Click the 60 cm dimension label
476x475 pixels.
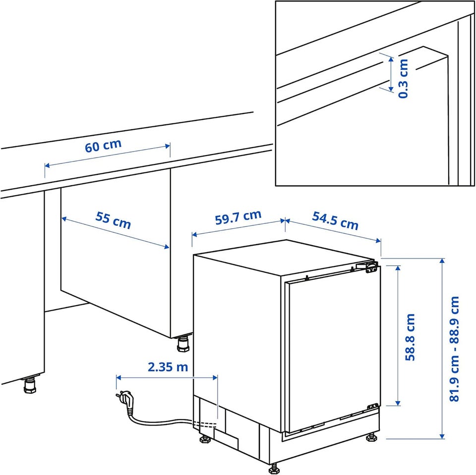pyautogui.click(x=103, y=146)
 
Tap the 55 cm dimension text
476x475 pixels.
pyautogui.click(x=113, y=220)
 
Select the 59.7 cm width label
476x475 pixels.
pyautogui.click(x=238, y=217)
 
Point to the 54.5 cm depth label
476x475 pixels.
pyautogui.click(x=336, y=220)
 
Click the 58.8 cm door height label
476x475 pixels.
pyautogui.click(x=410, y=337)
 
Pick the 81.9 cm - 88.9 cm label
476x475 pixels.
pyautogui.click(x=454, y=349)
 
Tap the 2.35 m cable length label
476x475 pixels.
pyautogui.click(x=168, y=367)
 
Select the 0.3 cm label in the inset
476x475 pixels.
pyautogui.click(x=403, y=79)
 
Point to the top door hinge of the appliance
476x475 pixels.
pyautogui.click(x=368, y=267)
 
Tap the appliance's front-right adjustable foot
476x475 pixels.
pyautogui.click(x=372, y=437)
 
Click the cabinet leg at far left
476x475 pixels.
pyautogui.click(x=30, y=385)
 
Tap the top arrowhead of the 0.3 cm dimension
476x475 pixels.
pyautogui.click(x=391, y=59)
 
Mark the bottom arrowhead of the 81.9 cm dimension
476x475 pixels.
pyautogui.click(x=442, y=436)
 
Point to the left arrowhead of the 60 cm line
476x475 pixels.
pyautogui.click(x=47, y=165)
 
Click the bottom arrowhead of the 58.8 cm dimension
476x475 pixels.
pyautogui.click(x=397, y=403)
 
